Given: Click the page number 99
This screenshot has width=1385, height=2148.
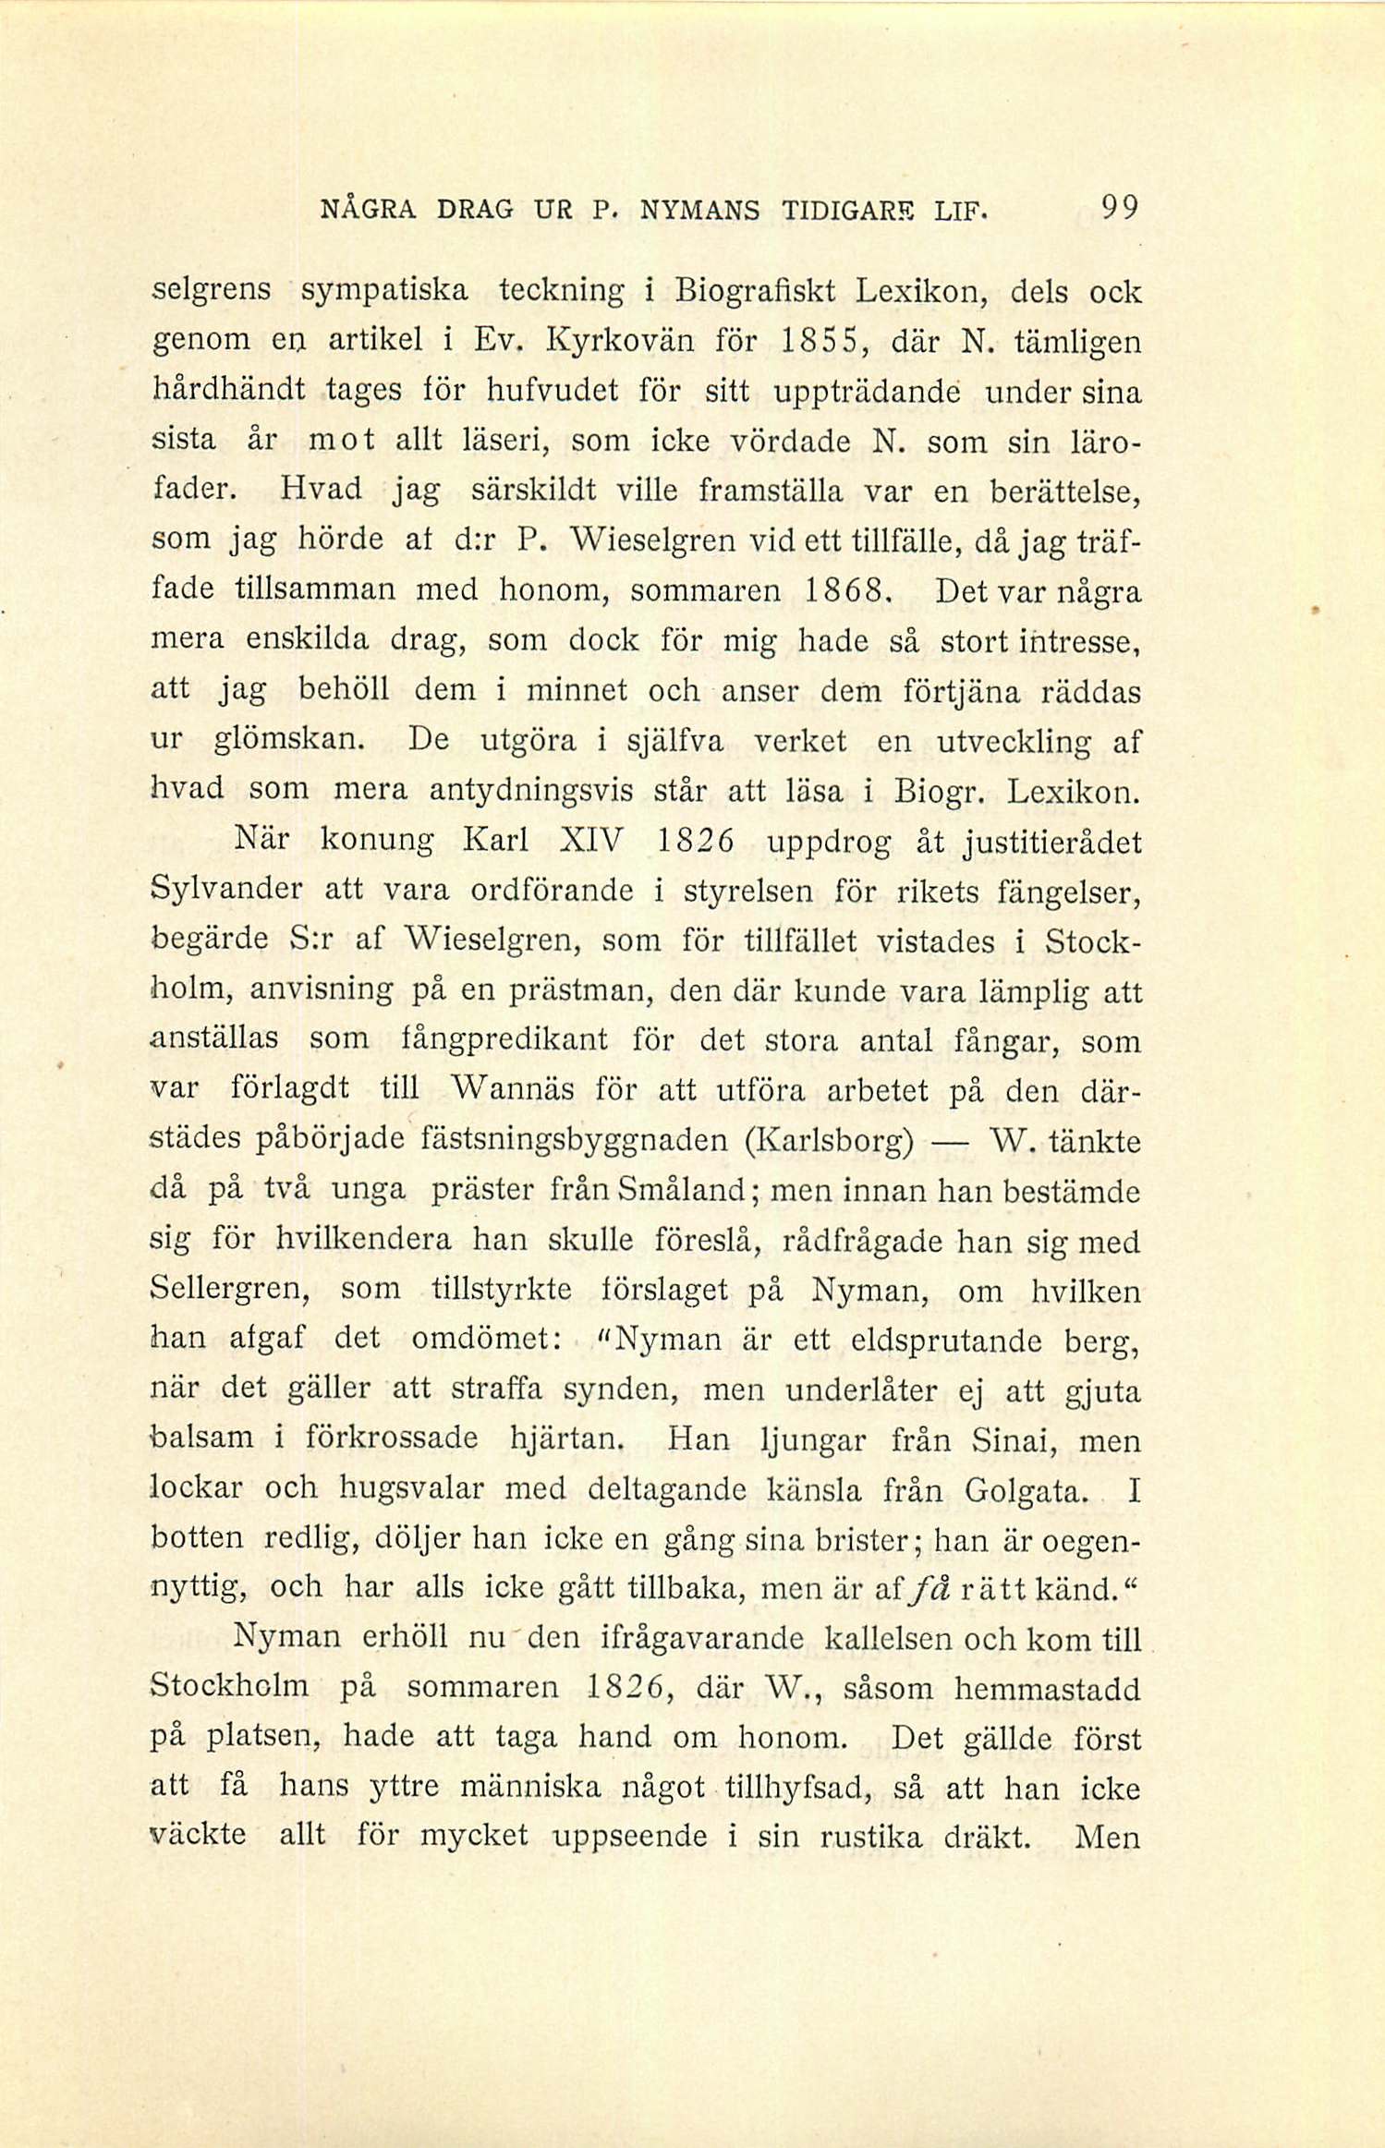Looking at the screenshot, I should tap(1120, 208).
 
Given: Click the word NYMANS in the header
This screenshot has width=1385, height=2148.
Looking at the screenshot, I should tap(699, 211).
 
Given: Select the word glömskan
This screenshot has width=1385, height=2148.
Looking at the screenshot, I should tap(293, 741).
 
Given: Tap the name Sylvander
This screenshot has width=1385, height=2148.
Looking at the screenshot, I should tap(225, 891).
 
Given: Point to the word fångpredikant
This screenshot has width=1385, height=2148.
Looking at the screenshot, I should tap(506, 1039).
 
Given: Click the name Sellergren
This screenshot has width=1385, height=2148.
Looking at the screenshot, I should tap(230, 1290).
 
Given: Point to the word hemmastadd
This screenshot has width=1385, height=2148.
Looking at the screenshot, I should tap(1048, 1690).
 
